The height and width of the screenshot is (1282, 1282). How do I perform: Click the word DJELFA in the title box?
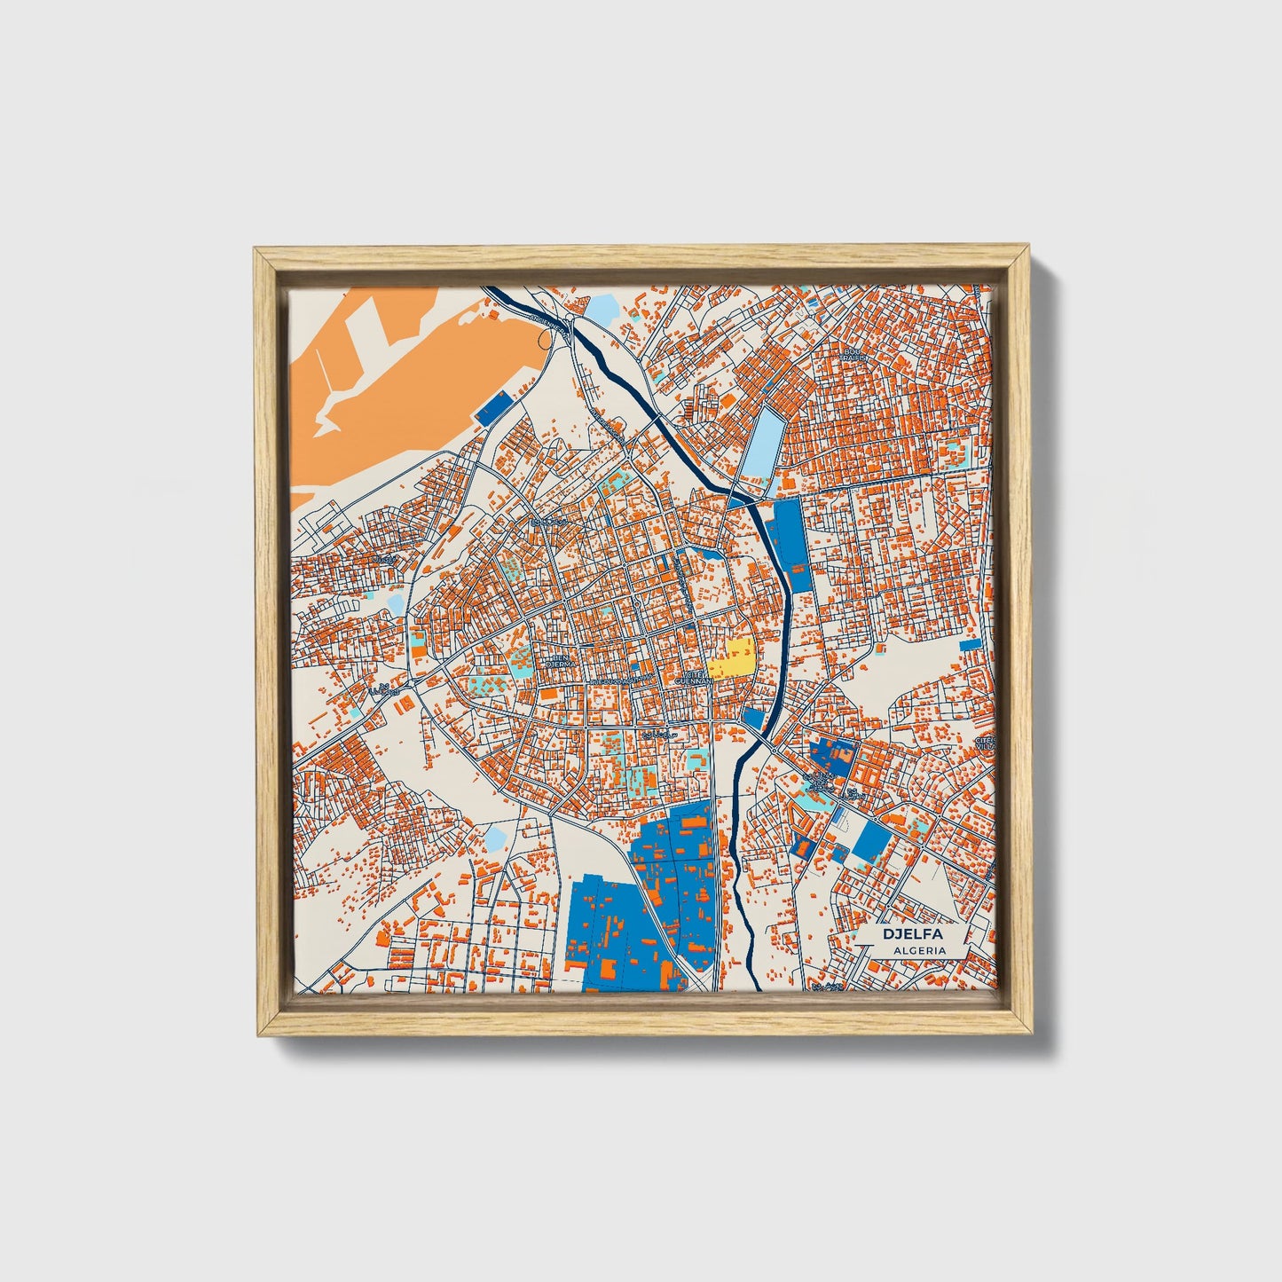click(x=912, y=934)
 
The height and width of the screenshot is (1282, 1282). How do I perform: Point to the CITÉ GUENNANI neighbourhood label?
click(x=695, y=678)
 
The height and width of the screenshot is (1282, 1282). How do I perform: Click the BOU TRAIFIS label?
click(x=854, y=353)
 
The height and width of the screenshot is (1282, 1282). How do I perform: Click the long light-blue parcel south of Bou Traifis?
click(x=762, y=444)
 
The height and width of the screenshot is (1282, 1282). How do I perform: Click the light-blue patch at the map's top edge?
click(x=602, y=309)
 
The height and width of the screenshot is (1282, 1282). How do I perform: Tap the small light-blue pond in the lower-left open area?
click(x=494, y=836)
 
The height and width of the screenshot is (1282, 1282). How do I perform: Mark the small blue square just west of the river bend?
click(x=754, y=717)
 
